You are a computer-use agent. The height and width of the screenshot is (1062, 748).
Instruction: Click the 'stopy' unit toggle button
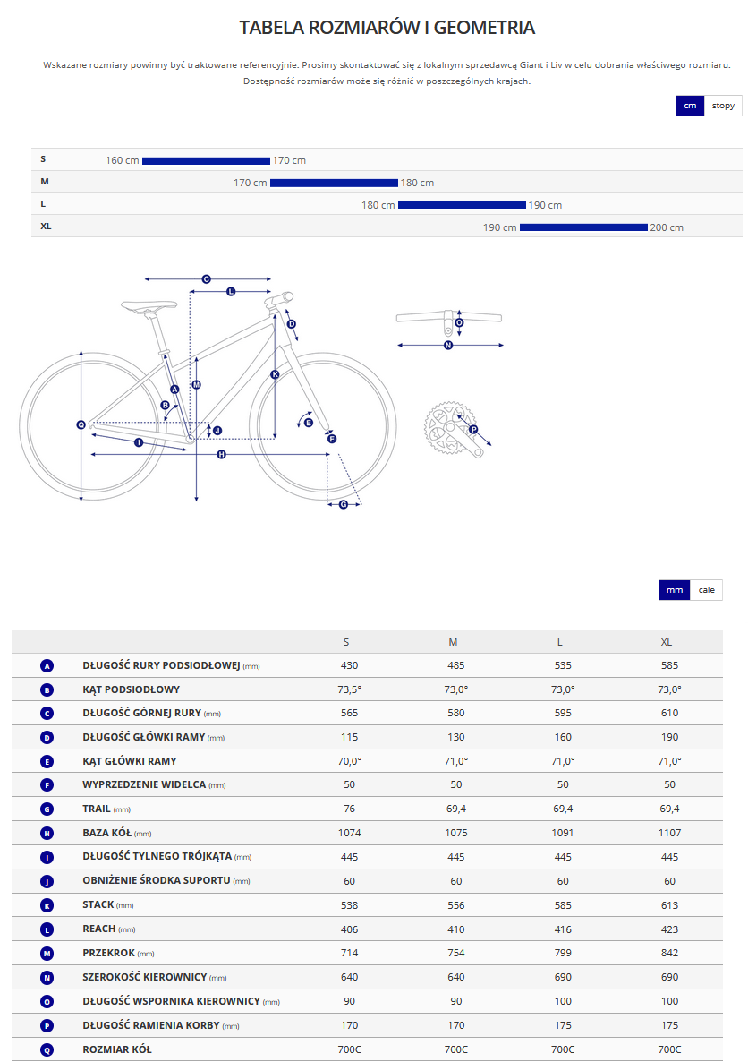pyautogui.click(x=723, y=106)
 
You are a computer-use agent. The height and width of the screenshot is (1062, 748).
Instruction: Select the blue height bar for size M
pyautogui.click(x=334, y=183)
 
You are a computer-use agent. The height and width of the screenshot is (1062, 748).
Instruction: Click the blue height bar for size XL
pyautogui.click(x=583, y=227)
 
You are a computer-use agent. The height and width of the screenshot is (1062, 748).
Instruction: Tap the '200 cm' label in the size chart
pyautogui.click(x=667, y=227)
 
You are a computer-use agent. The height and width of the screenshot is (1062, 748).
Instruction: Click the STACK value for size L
pyautogui.click(x=563, y=905)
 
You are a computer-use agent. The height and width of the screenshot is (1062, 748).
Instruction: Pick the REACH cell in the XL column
pyautogui.click(x=669, y=929)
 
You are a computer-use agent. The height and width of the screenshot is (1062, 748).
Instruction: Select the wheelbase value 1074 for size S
pyautogui.click(x=349, y=833)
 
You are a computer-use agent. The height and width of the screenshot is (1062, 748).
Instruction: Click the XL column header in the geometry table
pyautogui.click(x=666, y=642)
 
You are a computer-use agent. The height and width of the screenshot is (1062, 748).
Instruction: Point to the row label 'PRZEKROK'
pyautogui.click(x=109, y=953)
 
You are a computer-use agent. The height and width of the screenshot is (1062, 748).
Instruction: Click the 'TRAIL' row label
pyautogui.click(x=96, y=809)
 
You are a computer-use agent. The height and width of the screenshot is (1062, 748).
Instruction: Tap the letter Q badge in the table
pyautogui.click(x=47, y=1049)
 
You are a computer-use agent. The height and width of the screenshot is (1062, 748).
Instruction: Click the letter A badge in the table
pyautogui.click(x=47, y=666)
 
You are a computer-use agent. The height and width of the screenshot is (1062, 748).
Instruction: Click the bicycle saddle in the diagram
pyautogui.click(x=149, y=306)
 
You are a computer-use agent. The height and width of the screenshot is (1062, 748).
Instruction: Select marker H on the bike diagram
pyautogui.click(x=221, y=455)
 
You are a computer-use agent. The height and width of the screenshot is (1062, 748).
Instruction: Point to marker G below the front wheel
pyautogui.click(x=344, y=504)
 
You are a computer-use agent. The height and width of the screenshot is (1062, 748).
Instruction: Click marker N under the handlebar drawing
pyautogui.click(x=448, y=346)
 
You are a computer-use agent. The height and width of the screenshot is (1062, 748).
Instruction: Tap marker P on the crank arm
pyautogui.click(x=473, y=430)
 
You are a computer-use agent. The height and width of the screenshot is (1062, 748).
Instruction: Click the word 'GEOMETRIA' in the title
pyautogui.click(x=484, y=28)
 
